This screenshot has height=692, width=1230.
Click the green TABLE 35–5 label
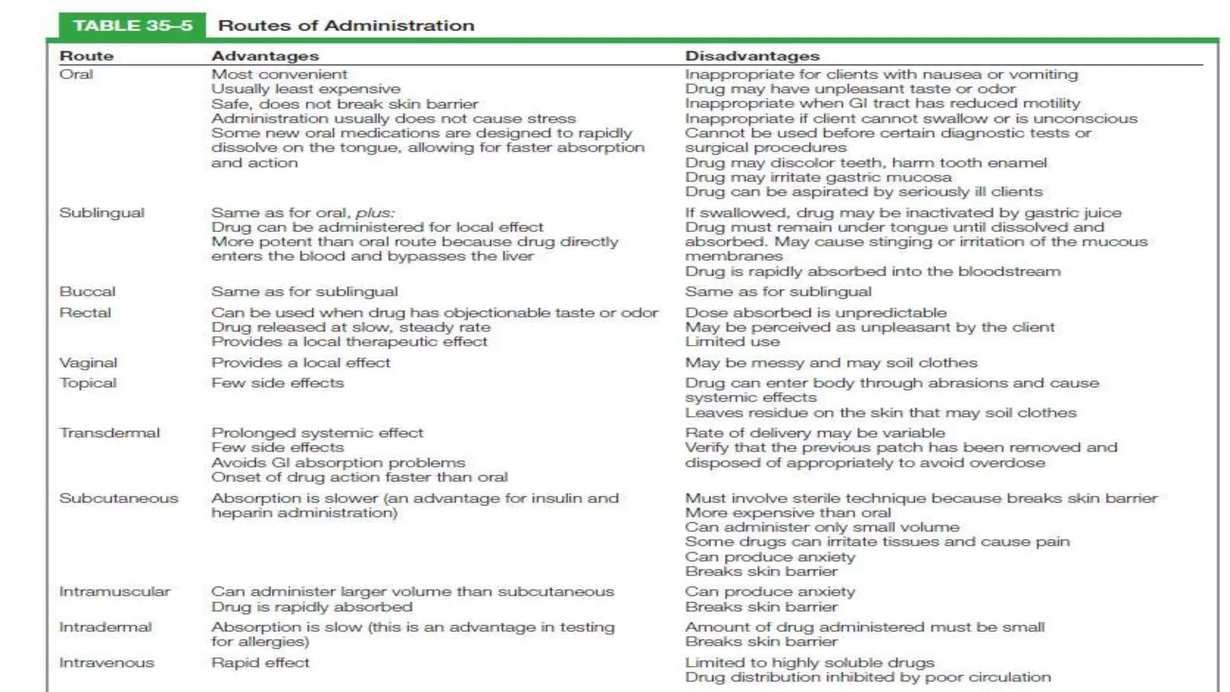pyautogui.click(x=133, y=26)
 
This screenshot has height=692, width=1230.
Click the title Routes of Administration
pyautogui.click(x=346, y=26)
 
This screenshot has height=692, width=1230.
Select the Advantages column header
pyautogui.click(x=265, y=56)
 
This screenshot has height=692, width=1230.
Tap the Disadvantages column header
pyautogui.click(x=752, y=56)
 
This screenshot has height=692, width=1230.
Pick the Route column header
pyautogui.click(x=86, y=56)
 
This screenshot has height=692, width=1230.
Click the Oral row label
pyautogui.click(x=76, y=74)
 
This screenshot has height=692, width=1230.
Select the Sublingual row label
pyautogui.click(x=101, y=213)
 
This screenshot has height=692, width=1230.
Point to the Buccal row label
pyautogui.click(x=87, y=292)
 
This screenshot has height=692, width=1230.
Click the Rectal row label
pyautogui.click(x=85, y=313)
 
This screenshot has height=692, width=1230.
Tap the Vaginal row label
pyautogui.click(x=88, y=363)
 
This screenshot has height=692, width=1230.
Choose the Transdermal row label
pyautogui.click(x=109, y=433)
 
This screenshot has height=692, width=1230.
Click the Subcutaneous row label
pyautogui.click(x=118, y=499)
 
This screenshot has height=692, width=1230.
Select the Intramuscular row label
pyautogui.click(x=115, y=592)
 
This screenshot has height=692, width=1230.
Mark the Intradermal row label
pyautogui.click(x=105, y=627)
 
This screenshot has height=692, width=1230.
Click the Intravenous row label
pyautogui.click(x=106, y=663)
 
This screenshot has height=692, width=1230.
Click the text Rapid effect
pyautogui.click(x=260, y=663)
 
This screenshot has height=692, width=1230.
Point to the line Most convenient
pyautogui.click(x=279, y=74)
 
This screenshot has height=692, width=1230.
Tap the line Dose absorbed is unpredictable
pyautogui.click(x=816, y=313)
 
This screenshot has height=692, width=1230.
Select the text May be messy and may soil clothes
pyautogui.click(x=831, y=363)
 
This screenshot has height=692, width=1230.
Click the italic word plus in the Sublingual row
pyautogui.click(x=374, y=213)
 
